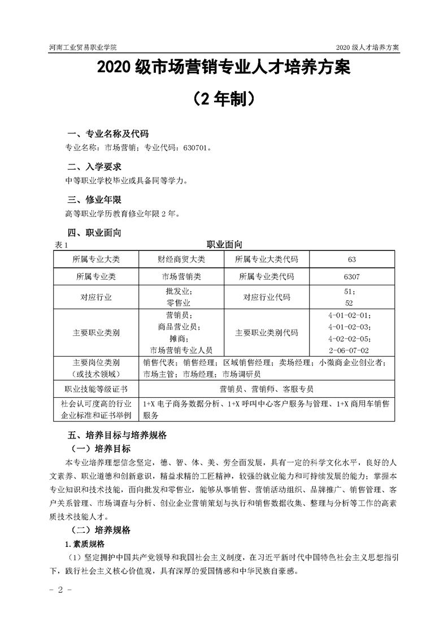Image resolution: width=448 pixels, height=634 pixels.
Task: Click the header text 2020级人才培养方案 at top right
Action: click(367, 47)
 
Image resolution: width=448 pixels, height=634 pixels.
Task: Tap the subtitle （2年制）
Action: click(224, 99)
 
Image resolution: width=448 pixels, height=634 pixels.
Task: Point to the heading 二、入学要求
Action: click(94, 167)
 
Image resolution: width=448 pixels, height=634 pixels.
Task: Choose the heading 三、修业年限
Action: click(94, 200)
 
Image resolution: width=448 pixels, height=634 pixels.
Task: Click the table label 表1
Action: click(62, 245)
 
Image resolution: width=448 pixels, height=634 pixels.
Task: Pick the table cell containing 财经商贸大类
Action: click(181, 259)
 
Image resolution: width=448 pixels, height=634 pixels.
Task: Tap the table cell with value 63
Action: click(352, 259)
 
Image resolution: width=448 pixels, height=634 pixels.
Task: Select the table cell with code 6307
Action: click(352, 277)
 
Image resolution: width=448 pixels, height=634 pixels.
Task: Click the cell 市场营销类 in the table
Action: click(181, 277)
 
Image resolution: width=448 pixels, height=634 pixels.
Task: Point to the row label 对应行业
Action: click(96, 297)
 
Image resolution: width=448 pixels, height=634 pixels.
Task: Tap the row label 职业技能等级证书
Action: click(96, 389)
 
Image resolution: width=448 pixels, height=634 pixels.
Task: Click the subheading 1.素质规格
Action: click(85, 544)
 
